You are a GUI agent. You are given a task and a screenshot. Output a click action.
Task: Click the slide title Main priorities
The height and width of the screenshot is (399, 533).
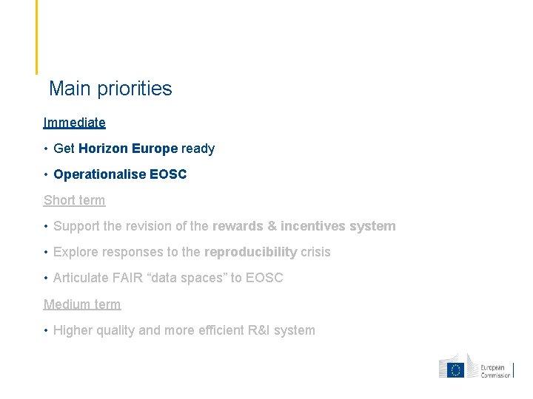click(110, 89)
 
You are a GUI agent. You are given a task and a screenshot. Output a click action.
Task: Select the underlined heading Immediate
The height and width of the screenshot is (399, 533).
click(75, 123)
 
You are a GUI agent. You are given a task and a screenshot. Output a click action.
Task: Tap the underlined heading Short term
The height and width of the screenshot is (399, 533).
click(75, 200)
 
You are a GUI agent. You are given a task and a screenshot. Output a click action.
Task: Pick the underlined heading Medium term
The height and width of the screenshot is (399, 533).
click(82, 304)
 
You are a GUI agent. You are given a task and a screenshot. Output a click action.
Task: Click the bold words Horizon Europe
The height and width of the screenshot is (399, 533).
click(128, 149)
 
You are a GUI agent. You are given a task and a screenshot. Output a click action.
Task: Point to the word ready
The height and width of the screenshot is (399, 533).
click(198, 149)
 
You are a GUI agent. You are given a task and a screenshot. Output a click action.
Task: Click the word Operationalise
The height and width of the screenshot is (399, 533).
click(99, 174)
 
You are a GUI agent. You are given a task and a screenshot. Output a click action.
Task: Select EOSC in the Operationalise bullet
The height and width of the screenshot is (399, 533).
click(168, 174)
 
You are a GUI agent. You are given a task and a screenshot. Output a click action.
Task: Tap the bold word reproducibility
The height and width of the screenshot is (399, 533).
click(250, 252)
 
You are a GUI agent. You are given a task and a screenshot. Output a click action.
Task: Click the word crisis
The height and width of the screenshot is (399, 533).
click(315, 252)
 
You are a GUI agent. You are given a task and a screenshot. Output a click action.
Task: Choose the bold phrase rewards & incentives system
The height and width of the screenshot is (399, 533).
click(304, 226)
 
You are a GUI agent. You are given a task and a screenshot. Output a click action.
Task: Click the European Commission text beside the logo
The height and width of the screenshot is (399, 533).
click(495, 371)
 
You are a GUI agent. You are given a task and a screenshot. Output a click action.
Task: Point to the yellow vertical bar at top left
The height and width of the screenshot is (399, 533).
click(36, 37)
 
